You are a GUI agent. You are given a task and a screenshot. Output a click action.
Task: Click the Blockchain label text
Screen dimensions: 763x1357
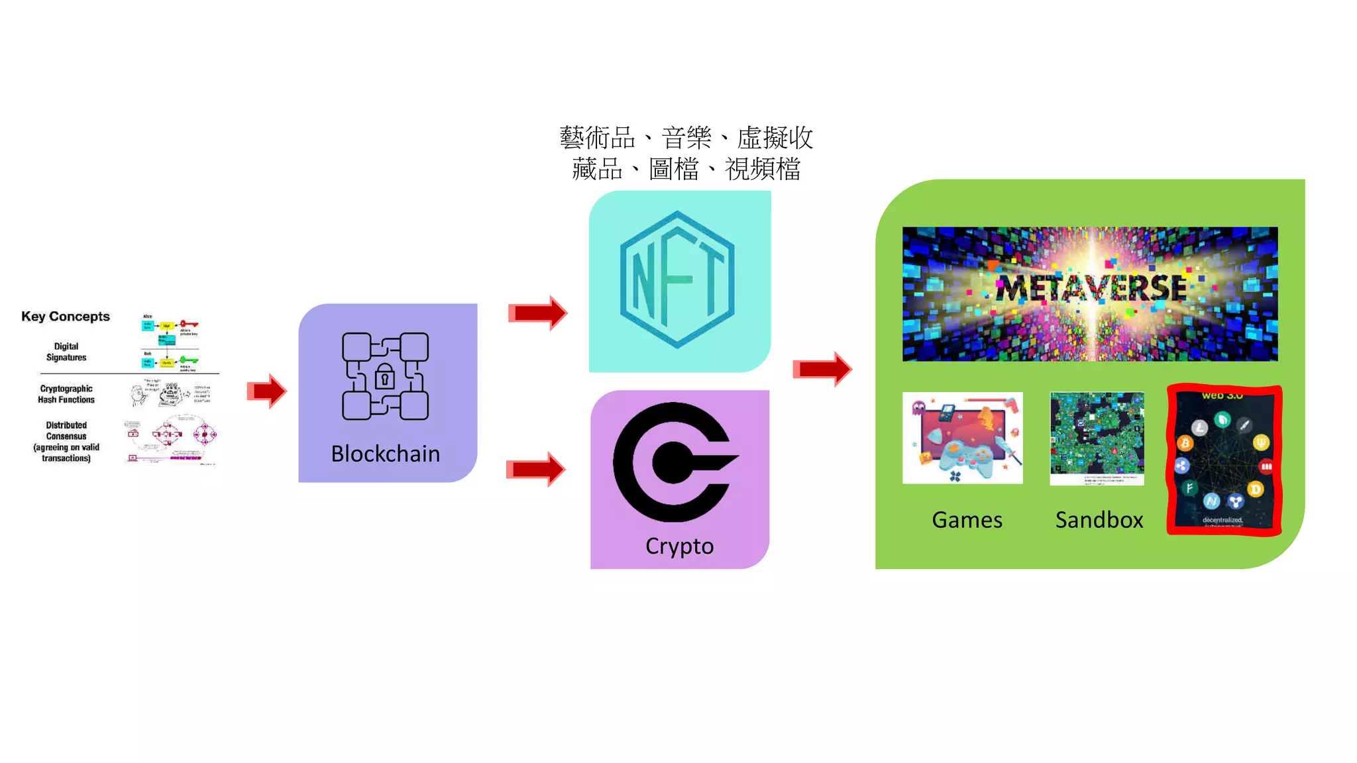point(385,454)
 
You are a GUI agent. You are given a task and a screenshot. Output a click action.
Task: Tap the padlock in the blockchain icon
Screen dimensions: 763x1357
point(384,378)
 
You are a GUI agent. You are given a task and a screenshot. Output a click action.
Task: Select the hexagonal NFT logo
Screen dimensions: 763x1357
point(677,280)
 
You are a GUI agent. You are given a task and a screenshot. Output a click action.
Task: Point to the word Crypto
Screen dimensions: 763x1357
point(679,546)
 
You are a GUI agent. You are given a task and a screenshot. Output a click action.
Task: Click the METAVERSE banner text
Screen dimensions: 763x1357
point(1091,288)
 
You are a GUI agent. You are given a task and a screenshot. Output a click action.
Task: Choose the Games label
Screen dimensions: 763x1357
point(967,520)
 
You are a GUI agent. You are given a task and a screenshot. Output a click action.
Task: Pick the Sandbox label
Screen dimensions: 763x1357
point(1099,520)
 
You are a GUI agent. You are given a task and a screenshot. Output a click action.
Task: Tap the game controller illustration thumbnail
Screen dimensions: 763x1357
point(962,438)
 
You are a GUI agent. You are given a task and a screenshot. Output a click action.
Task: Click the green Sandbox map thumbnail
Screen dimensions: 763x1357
point(1097,438)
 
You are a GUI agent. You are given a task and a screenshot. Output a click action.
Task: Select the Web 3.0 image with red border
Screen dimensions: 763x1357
point(1224,460)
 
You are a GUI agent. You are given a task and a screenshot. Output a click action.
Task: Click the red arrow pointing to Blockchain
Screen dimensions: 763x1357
point(267,391)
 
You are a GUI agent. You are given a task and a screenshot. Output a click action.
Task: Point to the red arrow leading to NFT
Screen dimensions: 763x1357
point(538,313)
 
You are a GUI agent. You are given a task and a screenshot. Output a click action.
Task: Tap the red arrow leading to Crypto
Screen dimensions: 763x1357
point(536,469)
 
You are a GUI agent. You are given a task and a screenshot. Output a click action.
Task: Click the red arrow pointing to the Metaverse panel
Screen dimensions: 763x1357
point(822,369)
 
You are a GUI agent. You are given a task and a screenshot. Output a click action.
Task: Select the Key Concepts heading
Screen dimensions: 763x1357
point(66,317)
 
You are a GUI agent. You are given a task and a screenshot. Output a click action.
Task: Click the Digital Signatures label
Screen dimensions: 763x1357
point(66,352)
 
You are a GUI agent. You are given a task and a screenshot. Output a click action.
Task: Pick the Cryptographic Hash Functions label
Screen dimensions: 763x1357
point(66,394)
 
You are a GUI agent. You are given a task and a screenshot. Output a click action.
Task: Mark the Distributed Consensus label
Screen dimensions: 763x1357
point(66,441)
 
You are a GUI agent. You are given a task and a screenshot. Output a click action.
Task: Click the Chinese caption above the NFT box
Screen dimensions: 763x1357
point(686,154)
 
